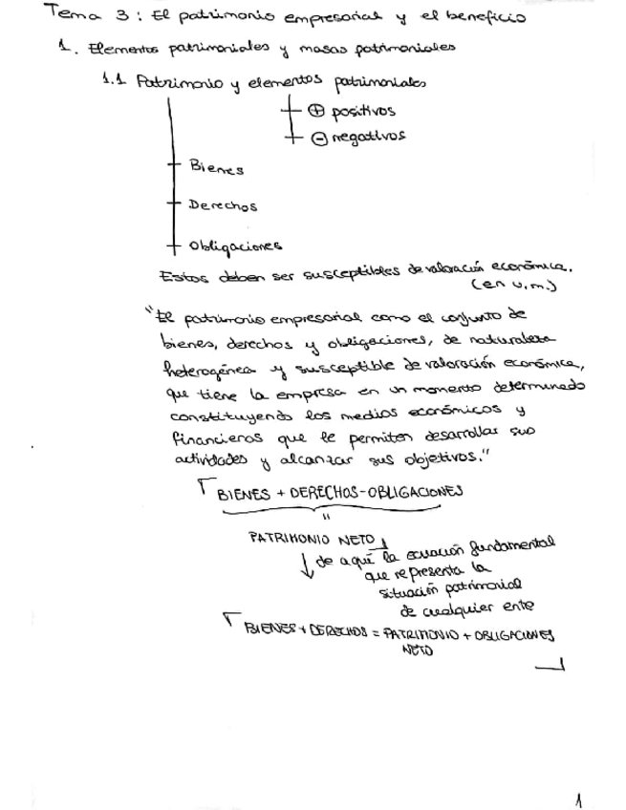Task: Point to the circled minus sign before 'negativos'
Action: click(x=318, y=138)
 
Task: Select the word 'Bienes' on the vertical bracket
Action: click(x=216, y=168)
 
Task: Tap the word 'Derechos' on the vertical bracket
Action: click(x=223, y=204)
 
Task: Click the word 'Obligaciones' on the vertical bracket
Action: click(x=235, y=245)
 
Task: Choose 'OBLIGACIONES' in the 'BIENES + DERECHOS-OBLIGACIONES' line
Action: click(x=409, y=491)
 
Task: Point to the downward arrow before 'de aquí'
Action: click(x=304, y=566)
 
